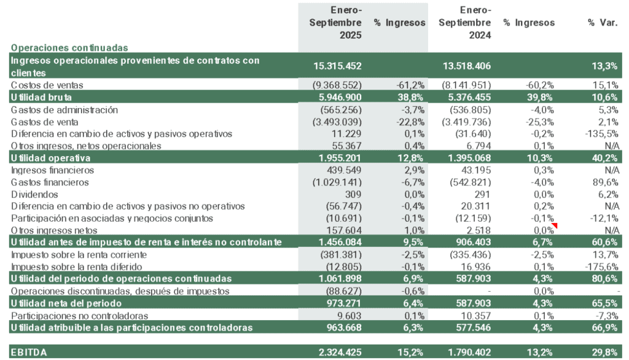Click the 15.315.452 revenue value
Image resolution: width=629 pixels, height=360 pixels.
337,66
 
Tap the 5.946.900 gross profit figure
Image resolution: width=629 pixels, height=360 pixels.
337,97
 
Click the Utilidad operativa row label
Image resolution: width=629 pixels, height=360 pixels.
47,158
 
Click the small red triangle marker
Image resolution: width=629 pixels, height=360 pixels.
555,225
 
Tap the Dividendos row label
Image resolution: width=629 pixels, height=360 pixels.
33,194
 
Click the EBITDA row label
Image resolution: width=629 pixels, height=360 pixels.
28,352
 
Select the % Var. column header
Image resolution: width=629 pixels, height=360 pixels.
603,23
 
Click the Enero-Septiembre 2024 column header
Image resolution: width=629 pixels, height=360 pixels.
466,23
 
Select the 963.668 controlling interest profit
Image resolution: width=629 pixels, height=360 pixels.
342,327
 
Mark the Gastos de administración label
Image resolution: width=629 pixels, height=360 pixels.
64,109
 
